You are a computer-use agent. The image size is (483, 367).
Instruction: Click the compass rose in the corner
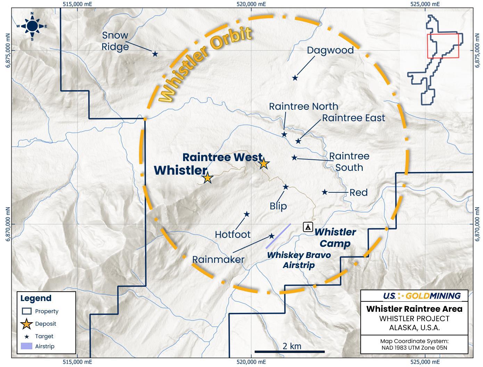32,26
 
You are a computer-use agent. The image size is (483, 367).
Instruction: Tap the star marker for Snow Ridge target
155,54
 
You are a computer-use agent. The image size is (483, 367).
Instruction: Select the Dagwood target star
295,78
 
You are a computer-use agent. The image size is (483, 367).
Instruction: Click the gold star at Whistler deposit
207,178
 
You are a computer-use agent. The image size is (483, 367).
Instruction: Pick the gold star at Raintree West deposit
264,163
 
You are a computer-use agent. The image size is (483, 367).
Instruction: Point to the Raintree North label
303,106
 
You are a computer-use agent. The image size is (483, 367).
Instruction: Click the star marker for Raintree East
298,141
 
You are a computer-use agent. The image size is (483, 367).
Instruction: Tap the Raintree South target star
294,158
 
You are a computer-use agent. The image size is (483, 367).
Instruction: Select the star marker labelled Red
325,192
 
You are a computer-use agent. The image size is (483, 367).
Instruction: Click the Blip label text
278,206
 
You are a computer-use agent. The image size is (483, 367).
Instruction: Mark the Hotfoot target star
247,214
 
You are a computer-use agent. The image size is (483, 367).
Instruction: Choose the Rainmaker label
218,259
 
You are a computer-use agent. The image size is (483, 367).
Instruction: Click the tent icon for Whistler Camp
308,227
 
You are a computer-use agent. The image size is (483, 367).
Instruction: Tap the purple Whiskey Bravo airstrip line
278,236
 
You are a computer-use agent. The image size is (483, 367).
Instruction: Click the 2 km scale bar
289,352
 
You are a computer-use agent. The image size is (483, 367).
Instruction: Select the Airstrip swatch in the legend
27,346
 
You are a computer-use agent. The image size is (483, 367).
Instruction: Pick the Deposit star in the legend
27,324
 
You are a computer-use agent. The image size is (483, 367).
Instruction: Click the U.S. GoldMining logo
421,296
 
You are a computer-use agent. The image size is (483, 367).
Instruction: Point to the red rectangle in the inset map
443,45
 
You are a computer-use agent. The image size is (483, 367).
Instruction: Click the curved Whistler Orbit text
205,64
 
